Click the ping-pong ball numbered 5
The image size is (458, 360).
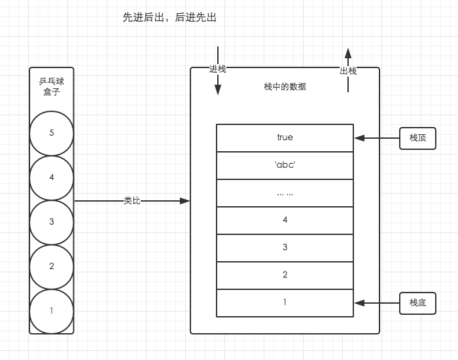(52, 133)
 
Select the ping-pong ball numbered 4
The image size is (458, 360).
(52, 177)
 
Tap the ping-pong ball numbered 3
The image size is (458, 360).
(52, 222)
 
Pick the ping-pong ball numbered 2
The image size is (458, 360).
(52, 266)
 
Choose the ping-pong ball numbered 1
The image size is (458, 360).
(52, 311)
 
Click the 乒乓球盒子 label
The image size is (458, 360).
(51, 86)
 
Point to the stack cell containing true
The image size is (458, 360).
(285, 137)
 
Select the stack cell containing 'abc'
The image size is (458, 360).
(285, 165)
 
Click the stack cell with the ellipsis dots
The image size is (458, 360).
(285, 192)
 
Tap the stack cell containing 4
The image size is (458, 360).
(285, 220)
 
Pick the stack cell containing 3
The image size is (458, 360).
(285, 247)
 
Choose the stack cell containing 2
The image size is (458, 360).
(285, 275)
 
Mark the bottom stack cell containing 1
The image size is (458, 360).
(285, 303)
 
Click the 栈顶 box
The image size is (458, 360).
(417, 138)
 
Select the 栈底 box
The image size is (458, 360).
(417, 303)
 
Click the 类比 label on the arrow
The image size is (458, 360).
(132, 201)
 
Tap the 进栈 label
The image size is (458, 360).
(217, 69)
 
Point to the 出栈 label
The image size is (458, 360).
(348, 71)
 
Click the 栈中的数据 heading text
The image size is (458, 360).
(285, 86)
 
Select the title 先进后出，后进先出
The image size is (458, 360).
(169, 18)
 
